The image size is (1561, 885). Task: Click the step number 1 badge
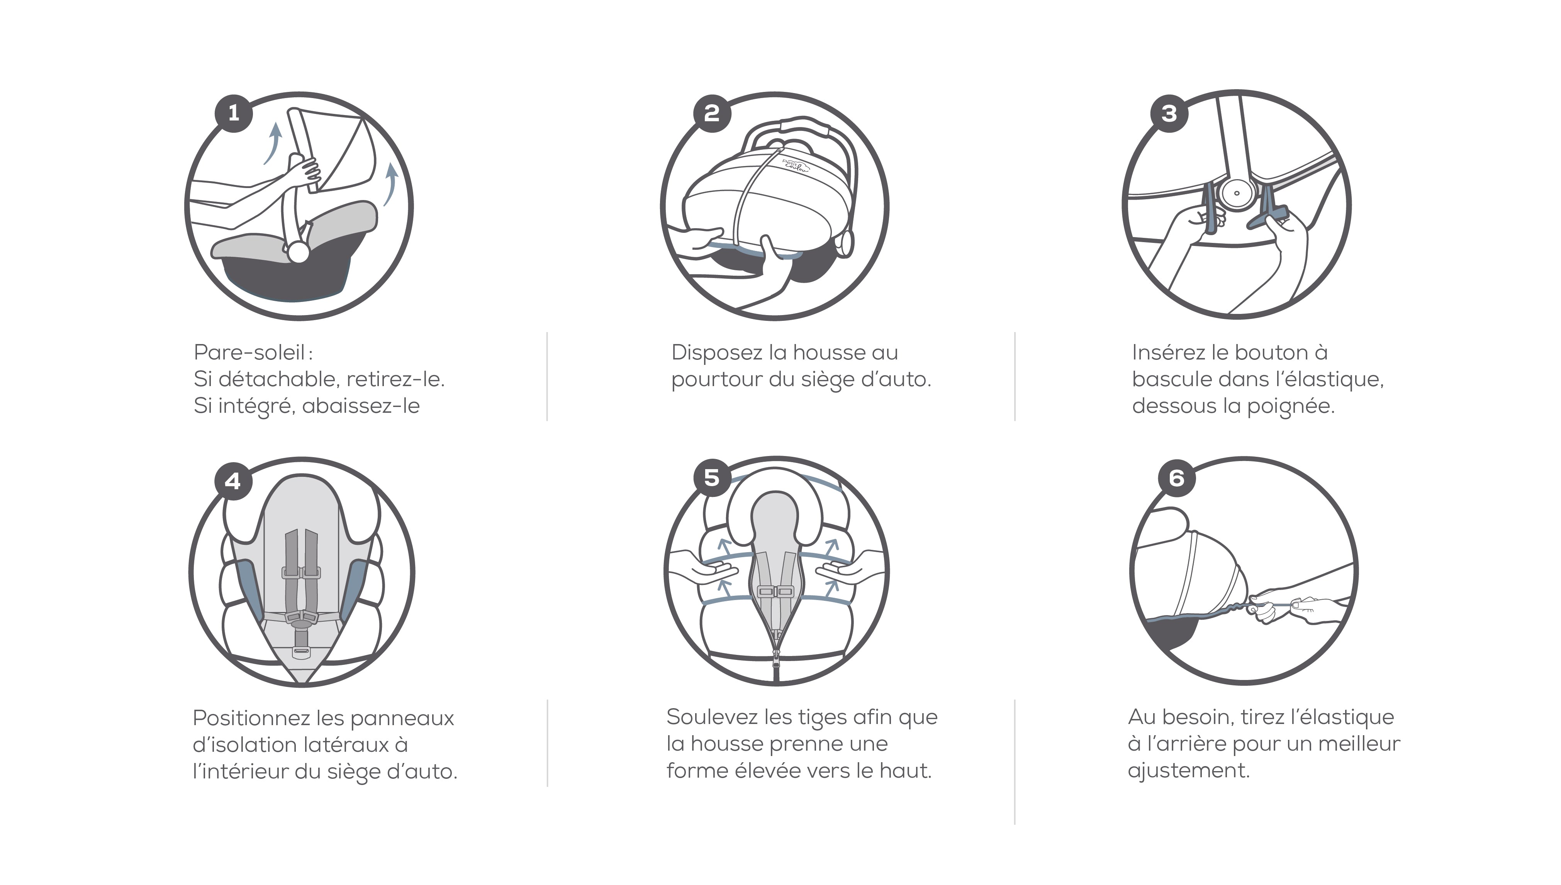(x=233, y=113)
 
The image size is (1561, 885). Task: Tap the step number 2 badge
(x=712, y=113)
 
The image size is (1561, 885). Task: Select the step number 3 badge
(x=1169, y=114)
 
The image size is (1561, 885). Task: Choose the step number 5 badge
(x=712, y=478)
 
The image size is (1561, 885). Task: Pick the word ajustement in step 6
(x=1188, y=771)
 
